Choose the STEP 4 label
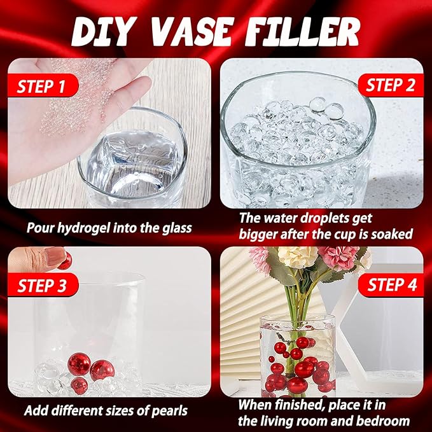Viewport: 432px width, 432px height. (x=392, y=284)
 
